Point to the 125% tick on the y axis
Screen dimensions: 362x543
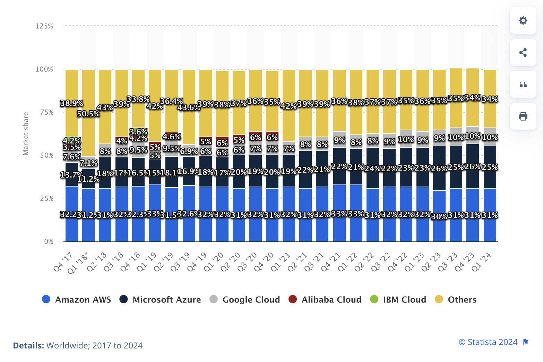(44, 26)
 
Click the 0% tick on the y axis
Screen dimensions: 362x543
(49, 241)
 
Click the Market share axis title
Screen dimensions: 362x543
(26, 134)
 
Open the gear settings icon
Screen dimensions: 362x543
(523, 20)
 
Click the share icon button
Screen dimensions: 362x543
(523, 52)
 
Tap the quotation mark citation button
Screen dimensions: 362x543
(523, 84)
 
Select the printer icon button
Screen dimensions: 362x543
(523, 116)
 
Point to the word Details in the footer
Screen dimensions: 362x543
(28, 346)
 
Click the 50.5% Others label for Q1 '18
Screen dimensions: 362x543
(88, 114)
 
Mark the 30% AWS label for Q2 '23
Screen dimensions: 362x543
(439, 216)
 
